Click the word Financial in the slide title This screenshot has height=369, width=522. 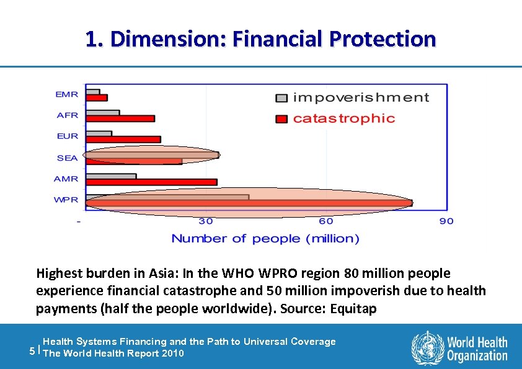(278, 39)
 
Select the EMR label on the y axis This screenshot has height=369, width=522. (67, 94)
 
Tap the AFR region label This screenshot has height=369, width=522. (67, 115)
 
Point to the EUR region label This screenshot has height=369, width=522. (67, 136)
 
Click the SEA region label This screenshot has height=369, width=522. (67, 158)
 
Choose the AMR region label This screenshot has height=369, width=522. (67, 179)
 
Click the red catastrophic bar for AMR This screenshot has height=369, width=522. (151, 182)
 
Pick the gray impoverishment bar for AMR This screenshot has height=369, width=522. (111, 176)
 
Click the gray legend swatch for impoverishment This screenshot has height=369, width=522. (281, 98)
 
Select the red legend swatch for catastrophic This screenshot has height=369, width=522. (281, 118)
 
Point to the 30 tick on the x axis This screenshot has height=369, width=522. (205, 221)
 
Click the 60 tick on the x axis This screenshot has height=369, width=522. (325, 221)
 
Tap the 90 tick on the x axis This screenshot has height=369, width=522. (446, 221)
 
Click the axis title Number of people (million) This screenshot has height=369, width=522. (265, 239)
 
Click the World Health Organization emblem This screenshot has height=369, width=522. (427, 347)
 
